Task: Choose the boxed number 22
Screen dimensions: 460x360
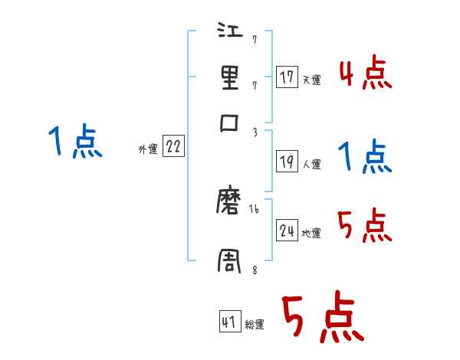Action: (173, 147)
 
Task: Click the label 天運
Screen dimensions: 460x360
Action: (310, 79)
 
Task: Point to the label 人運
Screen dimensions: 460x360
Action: (311, 164)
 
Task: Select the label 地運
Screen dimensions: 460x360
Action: (311, 233)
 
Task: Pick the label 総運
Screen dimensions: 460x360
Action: (255, 325)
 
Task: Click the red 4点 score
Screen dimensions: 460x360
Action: (365, 74)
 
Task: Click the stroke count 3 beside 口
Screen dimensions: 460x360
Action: (254, 133)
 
